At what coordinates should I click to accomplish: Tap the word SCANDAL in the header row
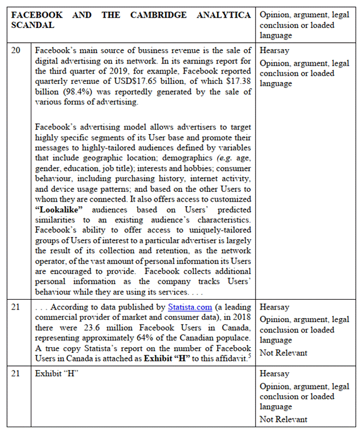32,26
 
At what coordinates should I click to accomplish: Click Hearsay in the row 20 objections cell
274,50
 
